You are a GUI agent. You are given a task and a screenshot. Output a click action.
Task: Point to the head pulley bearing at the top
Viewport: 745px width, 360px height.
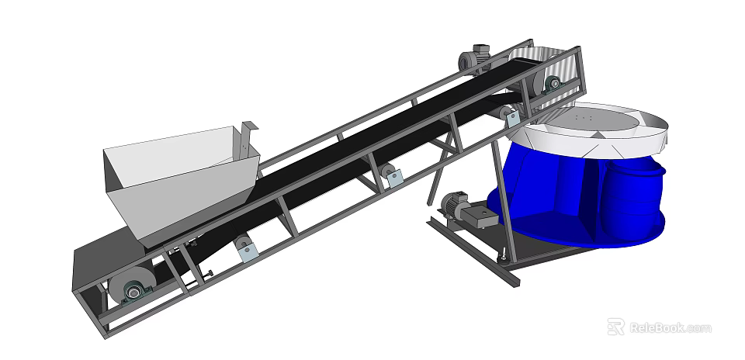[x=553, y=84]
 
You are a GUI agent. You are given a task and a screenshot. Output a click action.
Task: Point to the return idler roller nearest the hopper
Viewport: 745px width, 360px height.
[x=246, y=249]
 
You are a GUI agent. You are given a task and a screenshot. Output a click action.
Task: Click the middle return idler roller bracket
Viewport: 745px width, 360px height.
[x=392, y=176]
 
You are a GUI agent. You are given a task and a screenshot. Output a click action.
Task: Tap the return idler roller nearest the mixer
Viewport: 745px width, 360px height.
[x=511, y=117]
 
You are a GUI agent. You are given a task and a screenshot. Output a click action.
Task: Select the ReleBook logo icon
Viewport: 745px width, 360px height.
[x=615, y=327]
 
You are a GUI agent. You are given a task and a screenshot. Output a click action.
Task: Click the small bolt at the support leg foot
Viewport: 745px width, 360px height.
[x=505, y=256]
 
